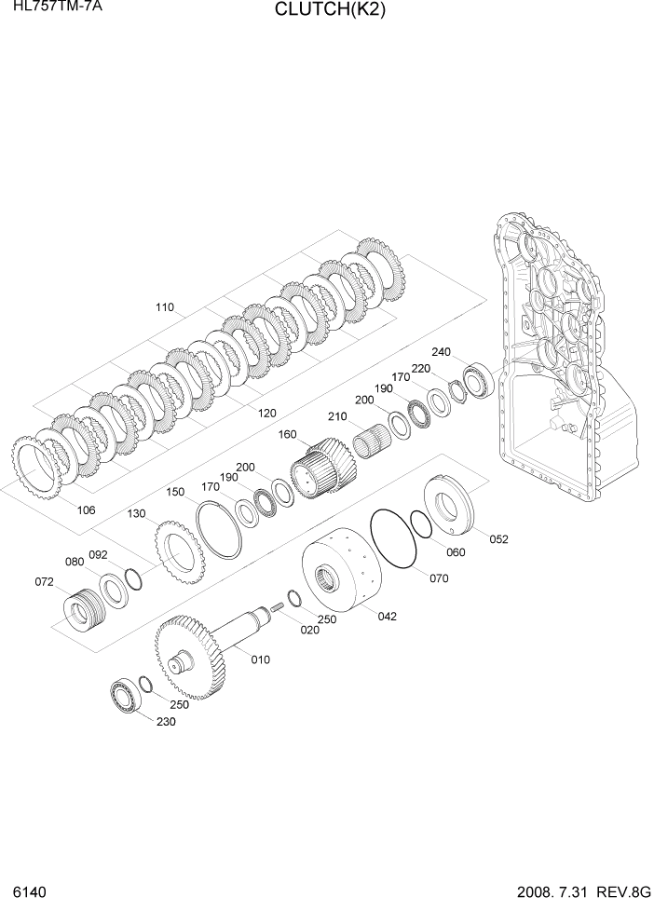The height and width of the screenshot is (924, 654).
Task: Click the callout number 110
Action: (164, 307)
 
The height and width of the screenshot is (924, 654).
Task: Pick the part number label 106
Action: (86, 510)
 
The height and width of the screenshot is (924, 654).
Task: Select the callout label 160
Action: (286, 434)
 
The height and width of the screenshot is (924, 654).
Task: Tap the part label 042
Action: (387, 615)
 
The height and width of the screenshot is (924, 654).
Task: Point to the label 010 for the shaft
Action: (261, 659)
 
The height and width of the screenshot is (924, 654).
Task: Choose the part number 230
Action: (165, 722)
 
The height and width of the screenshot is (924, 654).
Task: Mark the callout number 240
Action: (441, 352)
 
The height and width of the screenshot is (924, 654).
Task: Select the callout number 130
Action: (137, 513)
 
